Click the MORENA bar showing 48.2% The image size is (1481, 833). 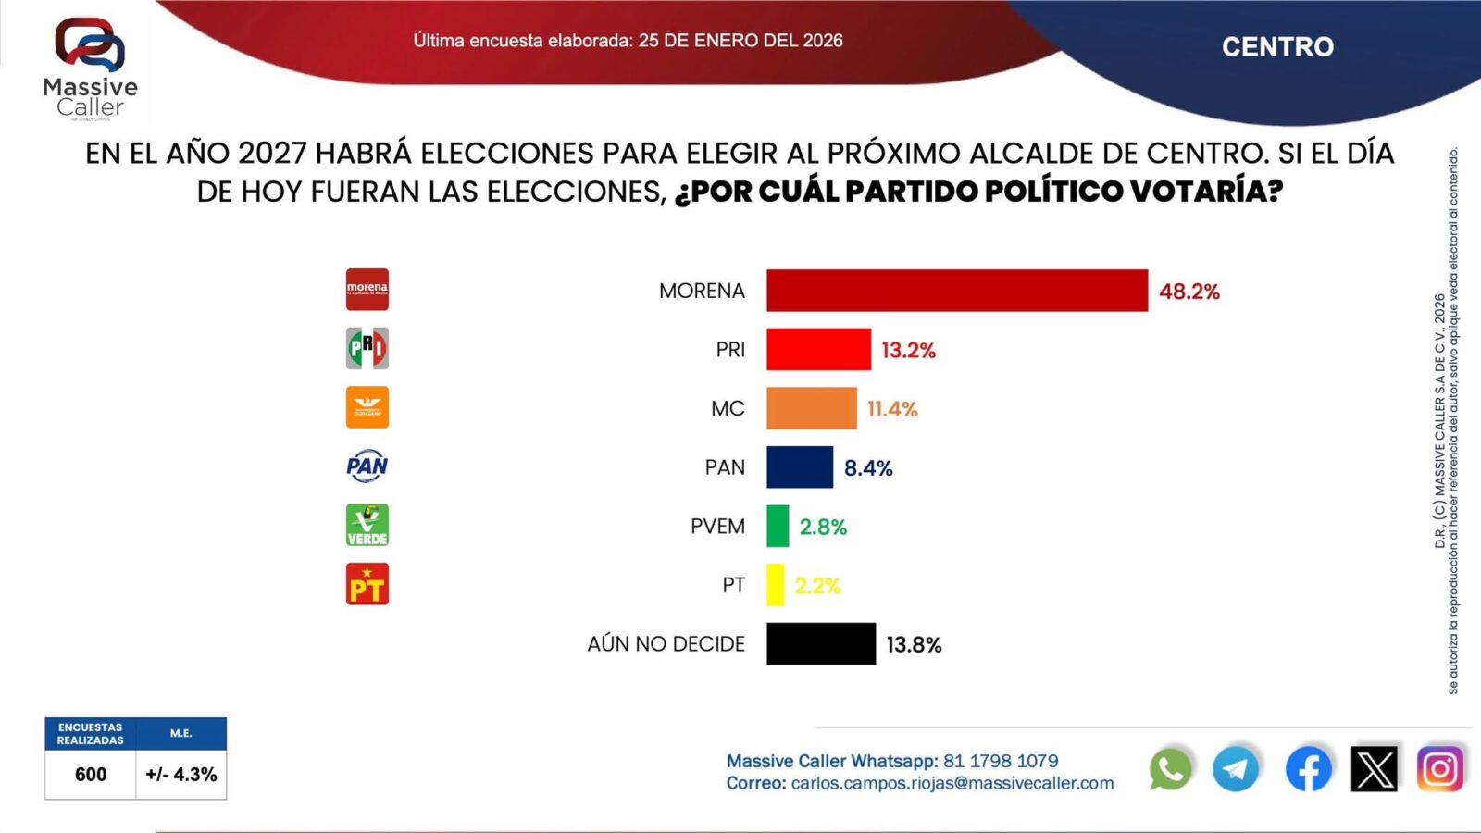click(x=956, y=291)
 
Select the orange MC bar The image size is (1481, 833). click(x=811, y=408)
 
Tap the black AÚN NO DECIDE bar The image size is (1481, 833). click(x=820, y=643)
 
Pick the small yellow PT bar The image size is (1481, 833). click(x=775, y=585)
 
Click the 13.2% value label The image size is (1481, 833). click(x=908, y=351)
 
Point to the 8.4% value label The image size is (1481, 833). click(x=867, y=468)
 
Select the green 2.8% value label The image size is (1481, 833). click(x=823, y=527)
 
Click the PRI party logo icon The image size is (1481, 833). click(x=367, y=349)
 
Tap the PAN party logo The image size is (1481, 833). click(x=367, y=466)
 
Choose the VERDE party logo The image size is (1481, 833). click(x=367, y=525)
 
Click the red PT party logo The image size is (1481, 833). click(x=367, y=584)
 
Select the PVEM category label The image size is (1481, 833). click(x=717, y=527)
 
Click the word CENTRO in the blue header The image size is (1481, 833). click(x=1277, y=46)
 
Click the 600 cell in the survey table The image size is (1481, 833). click(x=91, y=775)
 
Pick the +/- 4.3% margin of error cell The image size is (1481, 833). click(x=181, y=775)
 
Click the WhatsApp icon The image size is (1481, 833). click(x=1170, y=769)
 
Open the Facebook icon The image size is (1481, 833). click(x=1308, y=769)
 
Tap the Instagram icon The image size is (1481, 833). click(x=1439, y=769)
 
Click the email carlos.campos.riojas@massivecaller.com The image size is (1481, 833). click(x=952, y=783)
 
